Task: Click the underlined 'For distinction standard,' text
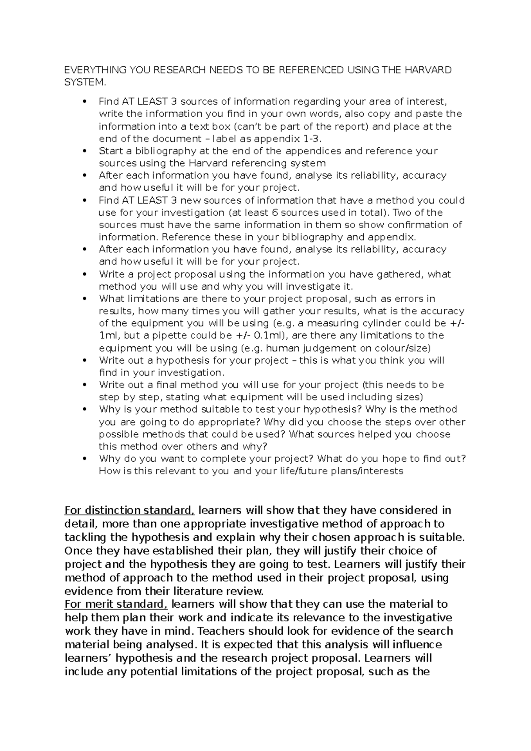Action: (130, 510)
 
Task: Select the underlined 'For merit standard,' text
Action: (116, 604)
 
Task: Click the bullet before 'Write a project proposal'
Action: (84, 274)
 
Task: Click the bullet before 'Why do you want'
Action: (84, 459)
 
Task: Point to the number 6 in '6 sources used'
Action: (284, 212)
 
